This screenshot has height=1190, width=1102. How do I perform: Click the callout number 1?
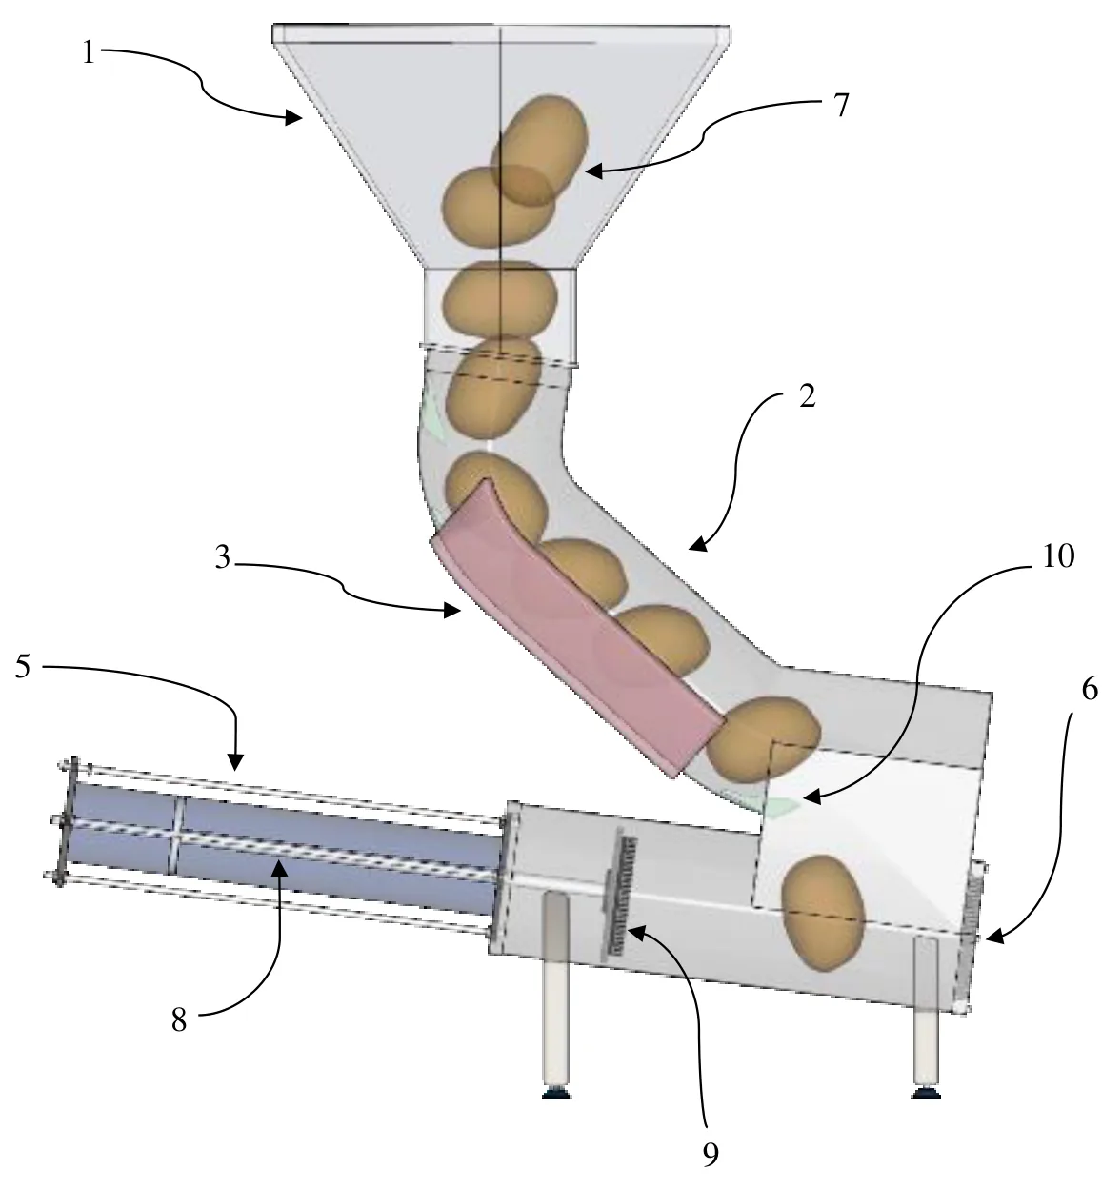pyautogui.click(x=89, y=52)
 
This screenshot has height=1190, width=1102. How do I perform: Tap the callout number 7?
pyautogui.click(x=841, y=104)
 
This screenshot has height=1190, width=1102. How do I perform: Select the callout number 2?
pyautogui.click(x=807, y=396)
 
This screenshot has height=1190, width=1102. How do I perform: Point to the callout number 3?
pyautogui.click(x=222, y=558)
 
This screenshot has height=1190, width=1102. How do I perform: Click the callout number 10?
pyautogui.click(x=1058, y=555)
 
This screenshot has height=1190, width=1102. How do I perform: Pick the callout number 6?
pyautogui.click(x=1090, y=690)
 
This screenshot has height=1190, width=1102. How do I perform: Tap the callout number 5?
pyautogui.click(x=23, y=666)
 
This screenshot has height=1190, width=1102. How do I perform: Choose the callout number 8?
pyautogui.click(x=178, y=1019)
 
